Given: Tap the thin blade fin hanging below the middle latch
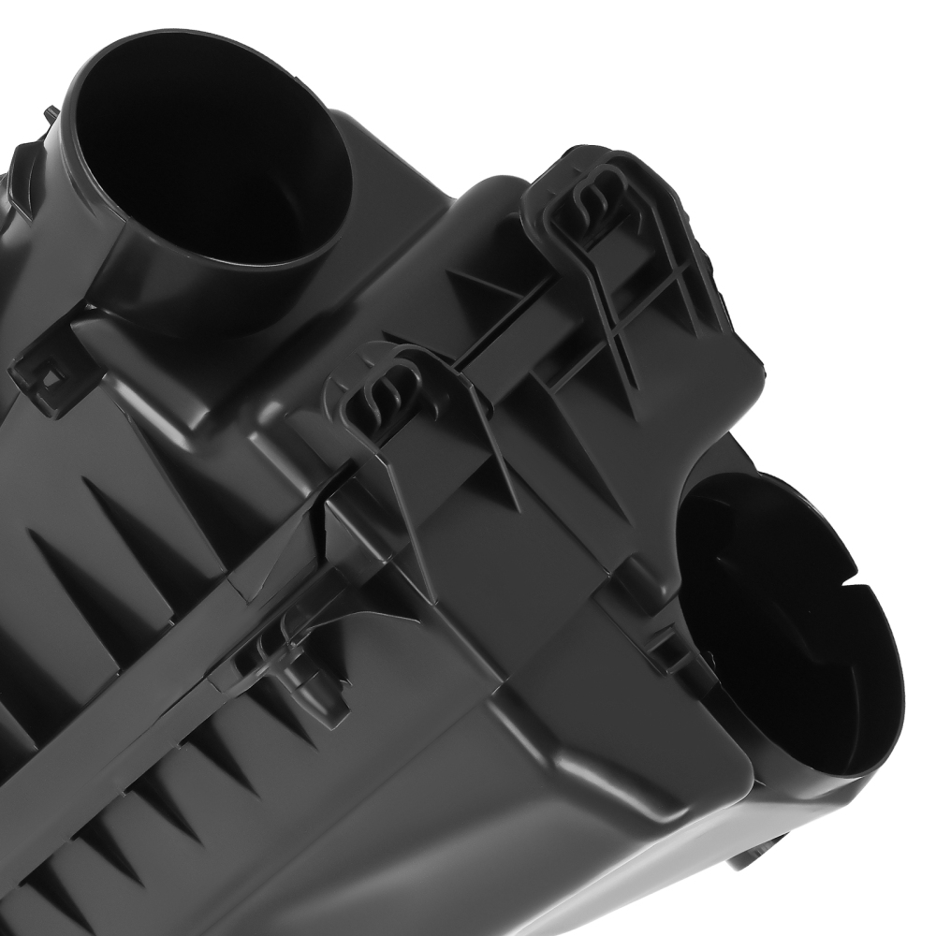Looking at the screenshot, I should click(412, 524).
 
